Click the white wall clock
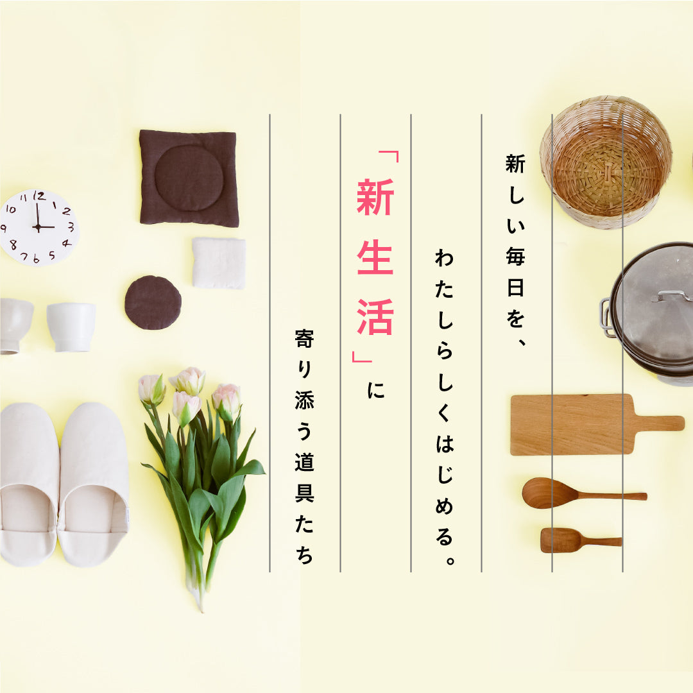point(40,227)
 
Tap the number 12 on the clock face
point(39,197)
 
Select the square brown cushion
point(189,178)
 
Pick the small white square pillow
point(219,263)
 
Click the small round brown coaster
point(153,302)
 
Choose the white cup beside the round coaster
point(71,326)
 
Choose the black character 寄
point(304,339)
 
